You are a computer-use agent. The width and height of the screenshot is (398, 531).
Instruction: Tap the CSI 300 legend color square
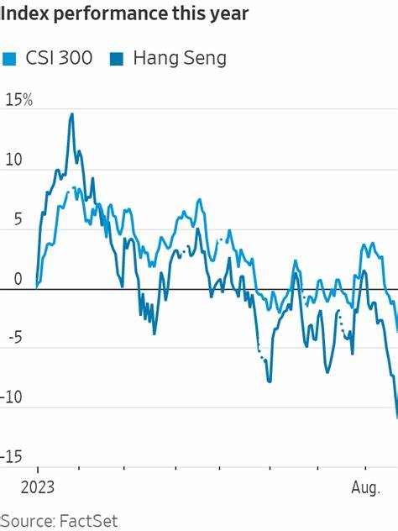click(x=10, y=58)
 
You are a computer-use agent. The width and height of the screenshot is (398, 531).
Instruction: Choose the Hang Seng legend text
click(x=178, y=58)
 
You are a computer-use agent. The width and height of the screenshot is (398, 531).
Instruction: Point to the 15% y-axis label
click(x=18, y=101)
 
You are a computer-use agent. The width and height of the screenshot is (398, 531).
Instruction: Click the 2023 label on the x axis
click(x=38, y=486)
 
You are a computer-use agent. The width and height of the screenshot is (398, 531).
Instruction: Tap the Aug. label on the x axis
click(x=367, y=486)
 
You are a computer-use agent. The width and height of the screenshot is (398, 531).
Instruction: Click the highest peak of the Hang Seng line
click(x=71, y=113)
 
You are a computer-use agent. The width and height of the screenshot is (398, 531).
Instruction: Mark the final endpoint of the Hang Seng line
click(x=396, y=417)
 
